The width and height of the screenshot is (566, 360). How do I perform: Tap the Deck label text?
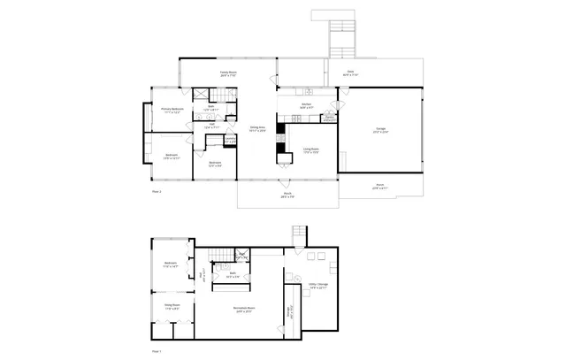tap(349, 73)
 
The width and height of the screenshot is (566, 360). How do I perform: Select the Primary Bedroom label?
tap(172, 111)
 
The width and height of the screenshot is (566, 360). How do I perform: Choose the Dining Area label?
tap(257, 131)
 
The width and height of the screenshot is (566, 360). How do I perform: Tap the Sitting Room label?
tap(172, 307)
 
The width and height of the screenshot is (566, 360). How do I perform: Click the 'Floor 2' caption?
tap(157, 191)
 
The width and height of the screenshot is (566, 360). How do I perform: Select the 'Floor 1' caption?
tap(157, 350)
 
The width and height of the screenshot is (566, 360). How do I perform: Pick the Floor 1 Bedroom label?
tap(172, 264)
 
